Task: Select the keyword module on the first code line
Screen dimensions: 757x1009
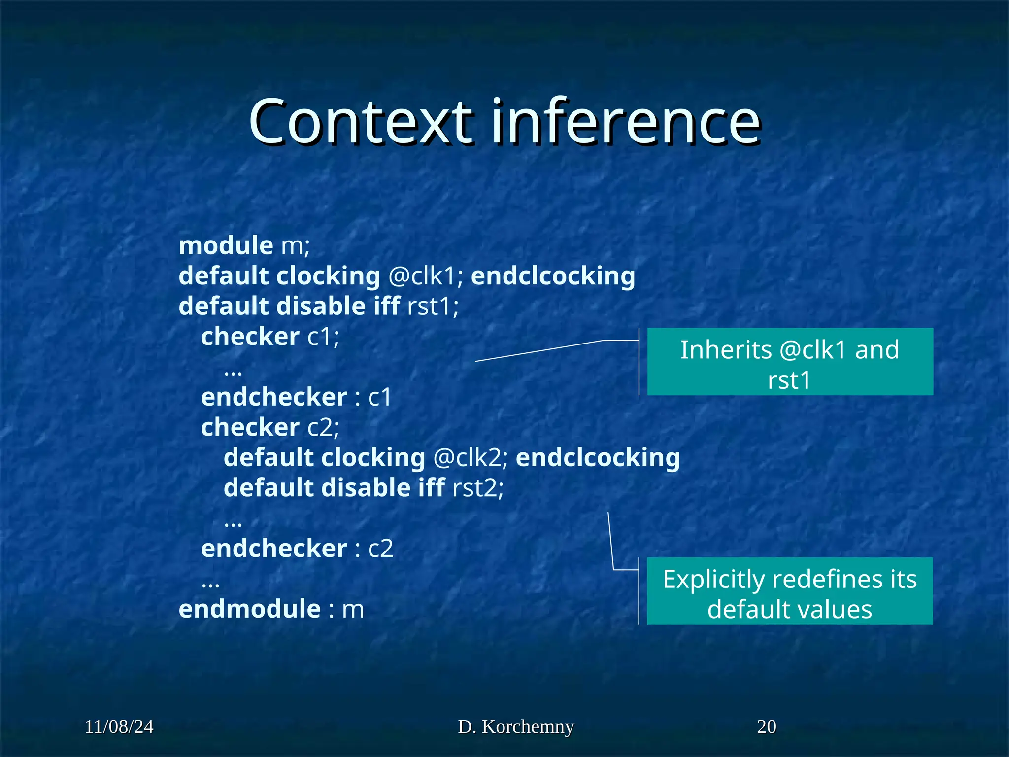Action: pos(226,245)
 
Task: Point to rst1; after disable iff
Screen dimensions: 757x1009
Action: pos(433,307)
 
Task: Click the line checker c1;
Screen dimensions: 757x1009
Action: pos(270,337)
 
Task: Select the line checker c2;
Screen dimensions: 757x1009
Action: pos(270,427)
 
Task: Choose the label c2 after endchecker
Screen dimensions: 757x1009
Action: pos(380,549)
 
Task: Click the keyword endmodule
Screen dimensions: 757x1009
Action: pos(249,609)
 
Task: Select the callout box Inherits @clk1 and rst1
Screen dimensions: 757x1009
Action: pos(790,362)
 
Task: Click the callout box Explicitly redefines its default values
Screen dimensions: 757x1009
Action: pos(790,591)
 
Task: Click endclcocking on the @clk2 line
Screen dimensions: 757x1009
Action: pos(598,458)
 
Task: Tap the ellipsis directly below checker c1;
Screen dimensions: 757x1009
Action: pos(233,371)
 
